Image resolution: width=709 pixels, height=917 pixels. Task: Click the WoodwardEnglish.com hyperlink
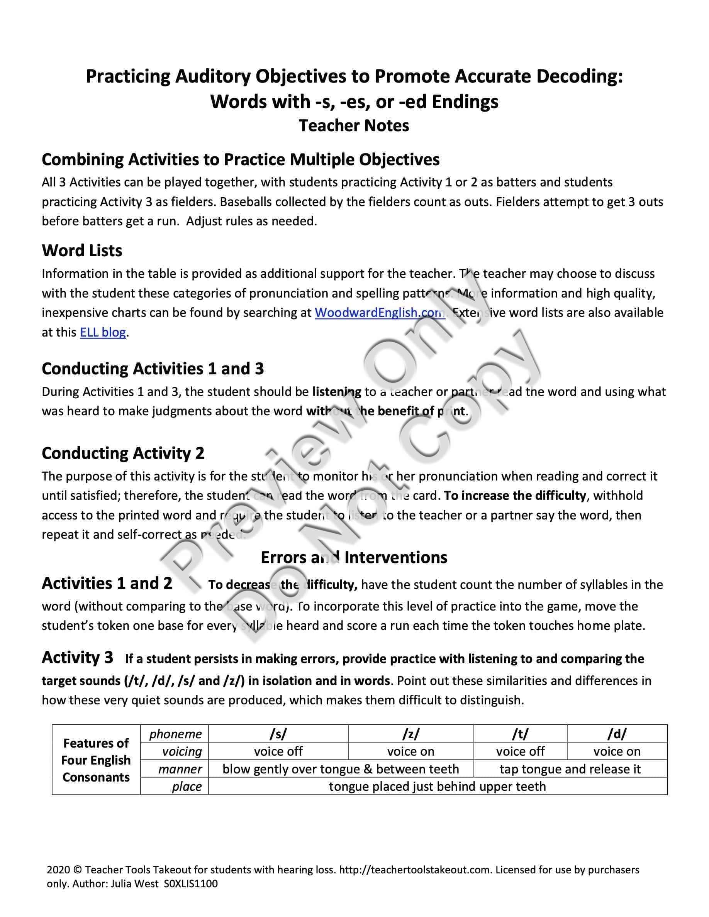[379, 313]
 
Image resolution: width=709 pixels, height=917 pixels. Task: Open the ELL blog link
[103, 333]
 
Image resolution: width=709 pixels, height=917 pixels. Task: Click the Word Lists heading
[82, 250]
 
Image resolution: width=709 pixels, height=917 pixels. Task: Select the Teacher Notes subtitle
[354, 125]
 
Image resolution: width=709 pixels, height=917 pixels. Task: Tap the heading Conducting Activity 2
[123, 453]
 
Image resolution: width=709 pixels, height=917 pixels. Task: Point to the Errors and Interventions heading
[354, 558]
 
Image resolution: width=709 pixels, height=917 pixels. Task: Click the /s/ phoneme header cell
[278, 734]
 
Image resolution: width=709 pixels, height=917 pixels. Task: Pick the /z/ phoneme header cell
[411, 734]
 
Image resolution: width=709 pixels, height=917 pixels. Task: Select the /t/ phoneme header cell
[520, 734]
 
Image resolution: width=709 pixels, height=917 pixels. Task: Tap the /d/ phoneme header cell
[617, 734]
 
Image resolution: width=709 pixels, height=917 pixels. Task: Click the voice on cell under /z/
[411, 751]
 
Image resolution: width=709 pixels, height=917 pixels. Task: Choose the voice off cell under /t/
[520, 751]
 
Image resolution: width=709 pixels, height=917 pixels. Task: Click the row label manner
[180, 769]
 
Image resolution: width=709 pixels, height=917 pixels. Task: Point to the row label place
[187, 787]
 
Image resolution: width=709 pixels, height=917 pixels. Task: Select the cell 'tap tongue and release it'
[570, 769]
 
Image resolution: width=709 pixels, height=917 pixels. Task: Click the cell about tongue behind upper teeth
[437, 787]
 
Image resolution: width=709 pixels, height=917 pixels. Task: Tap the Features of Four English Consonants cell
[96, 760]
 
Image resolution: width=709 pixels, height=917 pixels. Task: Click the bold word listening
[336, 392]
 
